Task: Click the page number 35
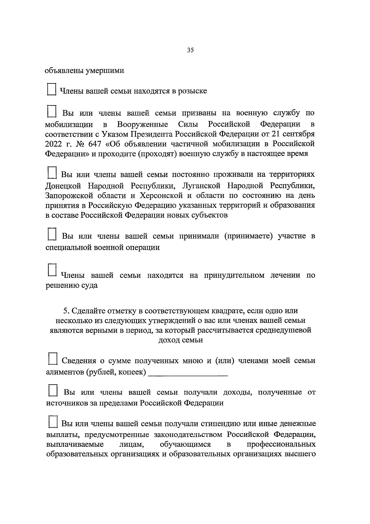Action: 190,50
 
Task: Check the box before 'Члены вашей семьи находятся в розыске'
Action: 51,89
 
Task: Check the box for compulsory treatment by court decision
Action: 52,269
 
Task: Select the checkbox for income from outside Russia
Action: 53,390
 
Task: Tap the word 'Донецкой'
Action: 63,186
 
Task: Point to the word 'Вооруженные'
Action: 142,124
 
